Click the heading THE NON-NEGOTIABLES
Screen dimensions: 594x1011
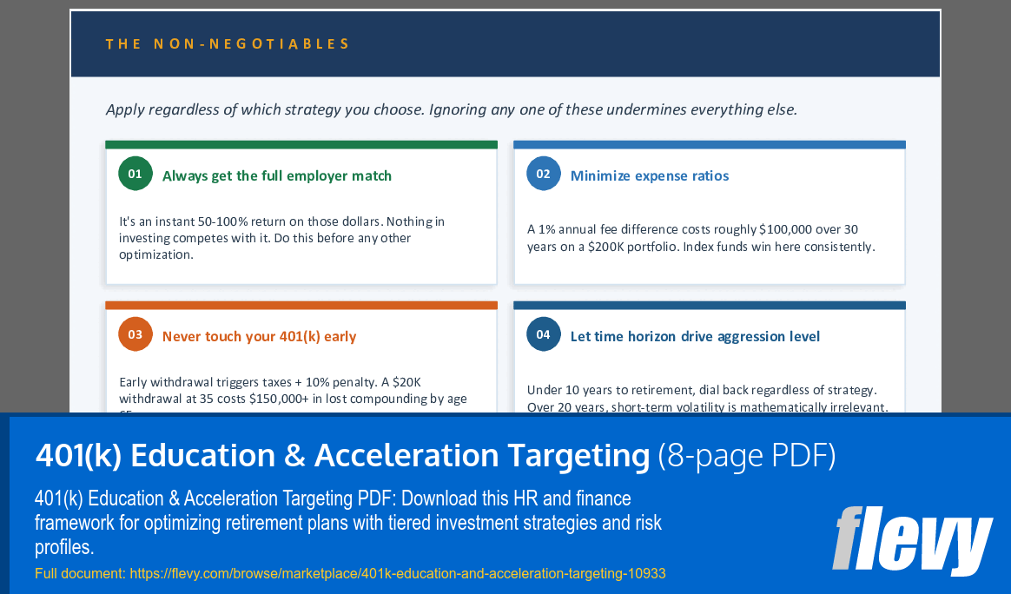(x=228, y=43)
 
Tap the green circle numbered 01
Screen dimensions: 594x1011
(x=135, y=174)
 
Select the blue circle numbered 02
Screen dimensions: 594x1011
(x=544, y=174)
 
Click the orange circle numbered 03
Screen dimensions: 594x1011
(x=135, y=334)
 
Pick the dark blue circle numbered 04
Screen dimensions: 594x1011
(x=544, y=334)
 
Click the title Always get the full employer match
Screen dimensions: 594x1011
(x=277, y=175)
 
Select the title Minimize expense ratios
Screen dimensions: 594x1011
(x=650, y=175)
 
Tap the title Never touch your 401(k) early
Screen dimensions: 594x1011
(x=259, y=336)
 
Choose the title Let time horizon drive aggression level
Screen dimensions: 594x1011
(x=695, y=336)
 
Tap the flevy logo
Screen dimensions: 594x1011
(x=912, y=540)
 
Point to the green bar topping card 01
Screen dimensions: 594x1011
(x=301, y=144)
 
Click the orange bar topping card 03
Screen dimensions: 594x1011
(x=301, y=305)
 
